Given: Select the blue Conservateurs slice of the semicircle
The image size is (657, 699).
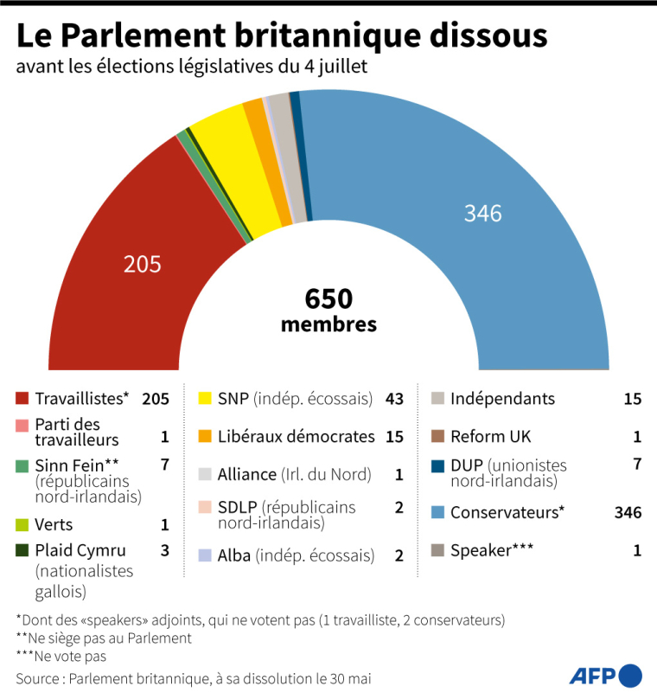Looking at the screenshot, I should point(484,260).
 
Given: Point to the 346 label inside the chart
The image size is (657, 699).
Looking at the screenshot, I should point(482,213).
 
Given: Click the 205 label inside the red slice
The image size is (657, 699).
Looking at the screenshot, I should point(143,264).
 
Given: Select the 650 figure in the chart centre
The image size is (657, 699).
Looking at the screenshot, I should point(328,299).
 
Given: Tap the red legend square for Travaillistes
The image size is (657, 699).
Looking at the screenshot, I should point(22,399).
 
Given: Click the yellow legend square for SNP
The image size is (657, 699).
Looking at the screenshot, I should point(205,399).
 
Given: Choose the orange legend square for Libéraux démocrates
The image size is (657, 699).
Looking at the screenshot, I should point(205,437).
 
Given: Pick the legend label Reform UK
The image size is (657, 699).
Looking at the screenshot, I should point(490,437).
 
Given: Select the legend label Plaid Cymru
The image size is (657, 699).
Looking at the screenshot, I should point(80,550).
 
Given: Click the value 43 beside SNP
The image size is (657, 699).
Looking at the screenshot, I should point(393,399).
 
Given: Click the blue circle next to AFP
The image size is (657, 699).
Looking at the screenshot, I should point(632,675).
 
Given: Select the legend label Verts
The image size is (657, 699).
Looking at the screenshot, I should point(54,524).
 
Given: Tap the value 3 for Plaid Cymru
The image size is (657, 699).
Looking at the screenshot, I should point(163,550).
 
